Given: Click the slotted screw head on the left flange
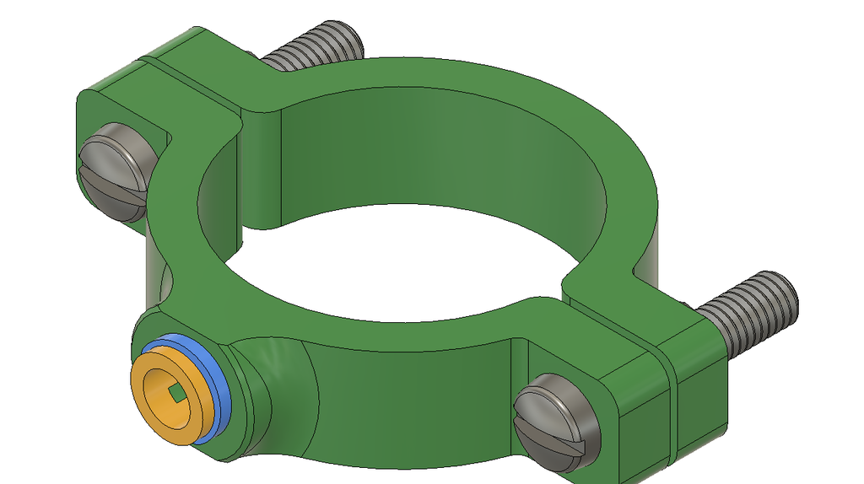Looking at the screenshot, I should [x=118, y=171].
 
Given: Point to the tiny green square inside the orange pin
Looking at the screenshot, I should [x=176, y=393].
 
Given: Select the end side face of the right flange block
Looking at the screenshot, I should [x=700, y=405].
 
